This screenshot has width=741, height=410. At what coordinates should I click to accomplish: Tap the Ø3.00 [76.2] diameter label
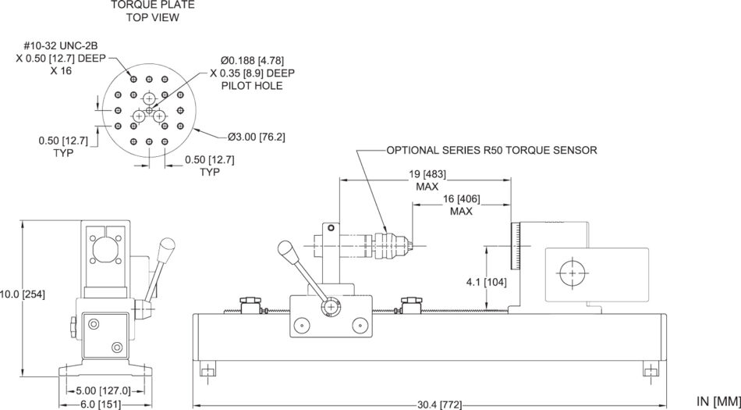[257, 137]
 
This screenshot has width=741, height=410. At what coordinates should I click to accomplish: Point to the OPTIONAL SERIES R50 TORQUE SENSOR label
[492, 150]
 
